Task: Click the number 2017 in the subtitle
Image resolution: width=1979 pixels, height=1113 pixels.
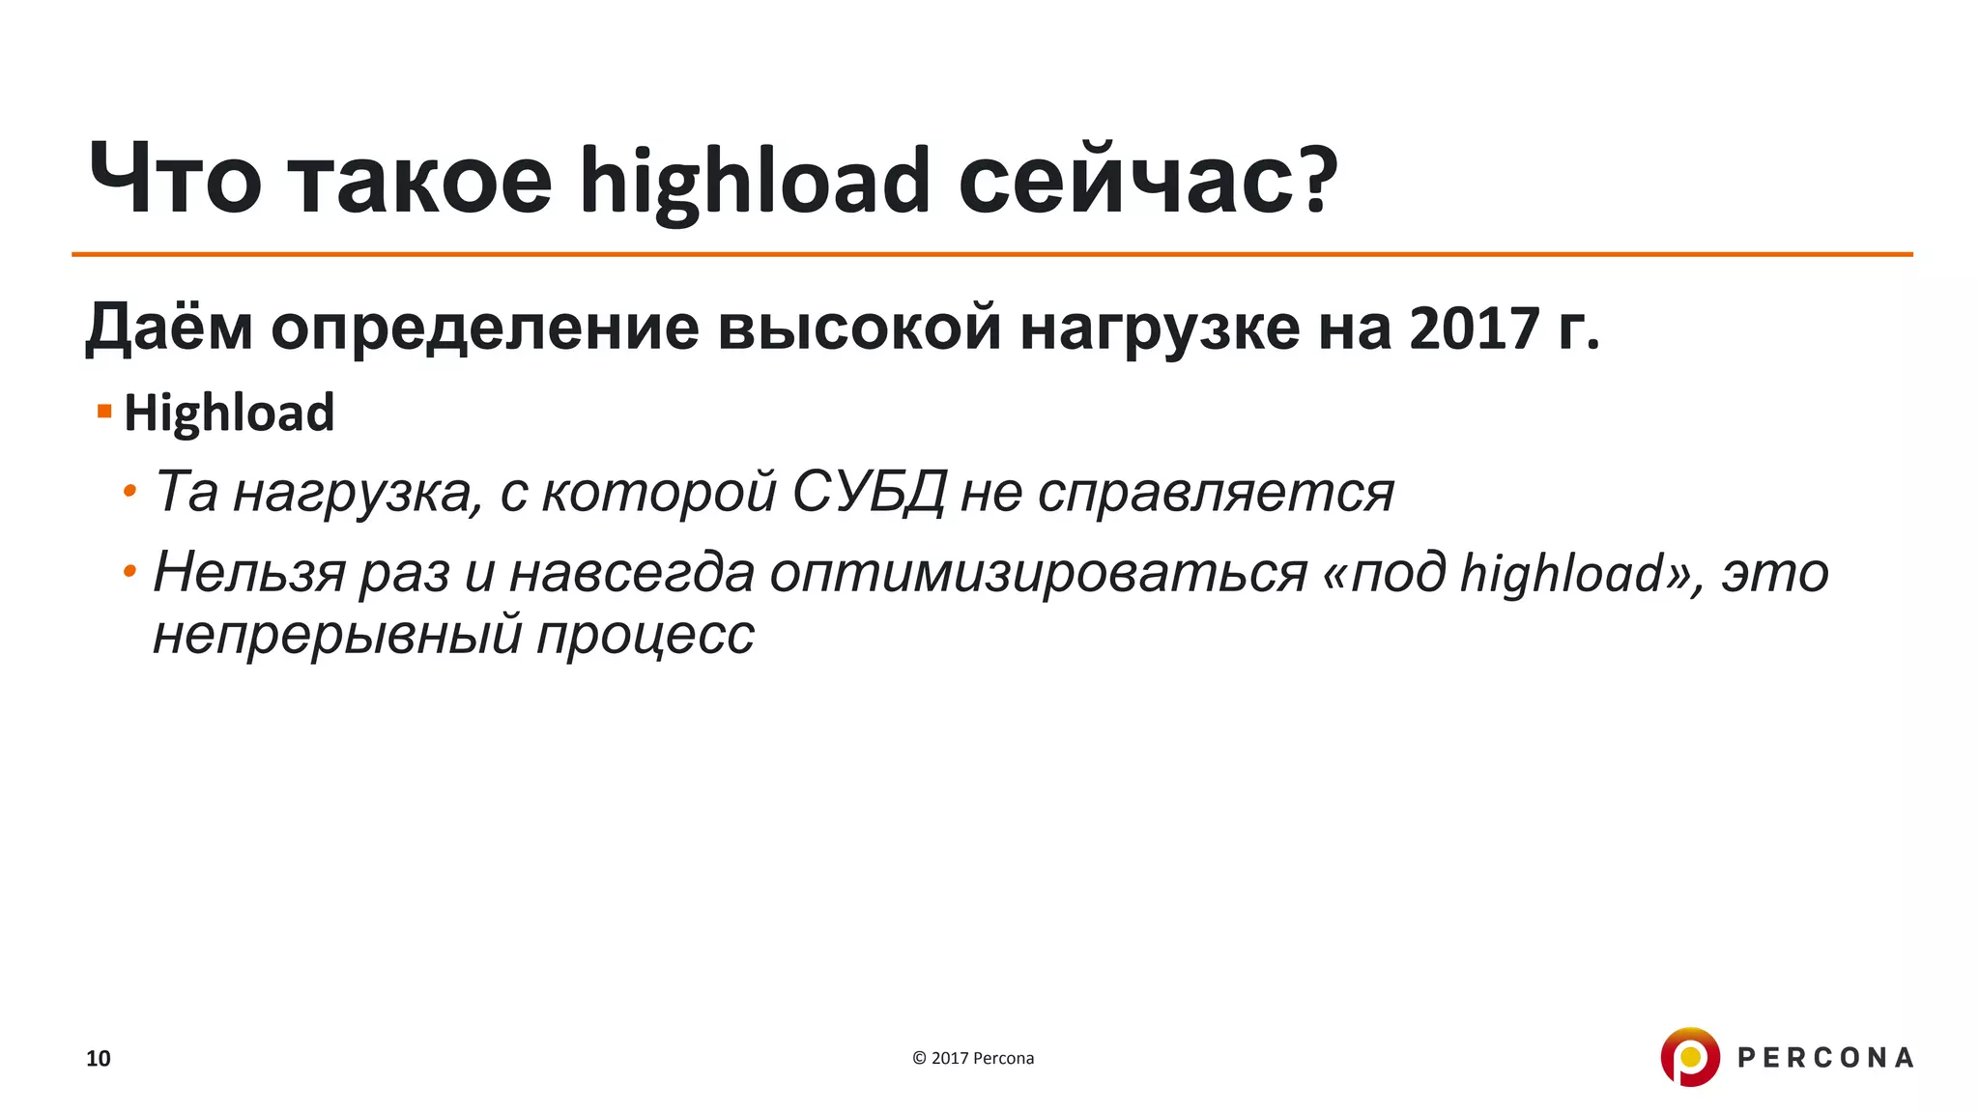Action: [x=1475, y=328]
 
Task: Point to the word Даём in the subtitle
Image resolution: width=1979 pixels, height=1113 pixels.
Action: [x=169, y=328]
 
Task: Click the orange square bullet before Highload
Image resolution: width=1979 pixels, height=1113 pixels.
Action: [x=104, y=413]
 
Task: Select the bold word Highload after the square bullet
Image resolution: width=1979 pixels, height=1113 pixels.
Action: [x=229, y=414]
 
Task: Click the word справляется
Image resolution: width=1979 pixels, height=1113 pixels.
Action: [x=1216, y=493]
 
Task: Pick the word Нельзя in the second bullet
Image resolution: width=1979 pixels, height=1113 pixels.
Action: [x=249, y=572]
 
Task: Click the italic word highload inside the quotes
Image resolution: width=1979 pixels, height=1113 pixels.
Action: [x=1561, y=572]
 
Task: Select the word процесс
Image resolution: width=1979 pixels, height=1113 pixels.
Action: [x=645, y=636]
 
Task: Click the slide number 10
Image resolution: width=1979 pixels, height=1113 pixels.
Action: [x=99, y=1059]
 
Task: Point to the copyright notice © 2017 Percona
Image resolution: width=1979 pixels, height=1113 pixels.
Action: [x=973, y=1058]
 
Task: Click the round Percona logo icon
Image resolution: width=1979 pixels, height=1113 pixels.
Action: [x=1690, y=1057]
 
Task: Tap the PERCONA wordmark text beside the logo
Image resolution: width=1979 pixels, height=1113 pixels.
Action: [x=1825, y=1058]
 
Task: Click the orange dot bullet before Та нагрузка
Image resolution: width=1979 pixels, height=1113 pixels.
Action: [x=129, y=493]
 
